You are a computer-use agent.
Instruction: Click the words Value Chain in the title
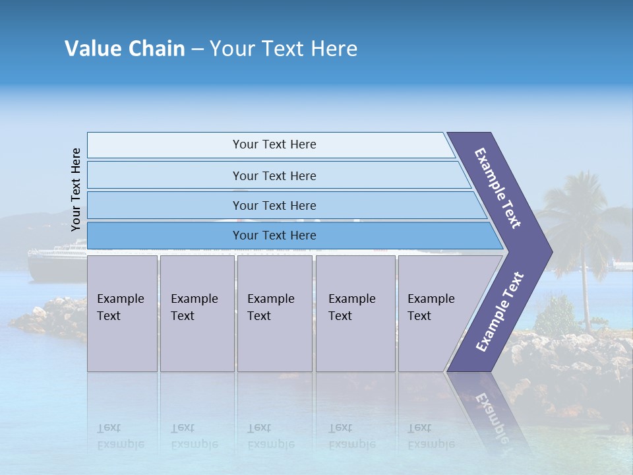(125, 49)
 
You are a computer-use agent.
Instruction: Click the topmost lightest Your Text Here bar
(274, 144)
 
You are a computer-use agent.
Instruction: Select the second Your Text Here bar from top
(274, 175)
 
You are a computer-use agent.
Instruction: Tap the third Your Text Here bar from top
(274, 205)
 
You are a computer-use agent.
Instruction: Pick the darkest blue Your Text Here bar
(274, 236)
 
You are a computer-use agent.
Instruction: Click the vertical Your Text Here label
(76, 189)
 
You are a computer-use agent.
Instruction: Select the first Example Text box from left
(122, 313)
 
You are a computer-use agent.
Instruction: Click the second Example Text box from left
(196, 313)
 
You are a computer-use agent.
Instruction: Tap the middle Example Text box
(274, 313)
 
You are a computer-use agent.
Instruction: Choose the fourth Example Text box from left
(355, 313)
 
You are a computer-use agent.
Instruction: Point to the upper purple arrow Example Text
(498, 188)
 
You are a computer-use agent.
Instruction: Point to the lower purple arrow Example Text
(500, 311)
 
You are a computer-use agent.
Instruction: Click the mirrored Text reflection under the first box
(109, 428)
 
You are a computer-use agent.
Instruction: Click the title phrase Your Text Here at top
(284, 49)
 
